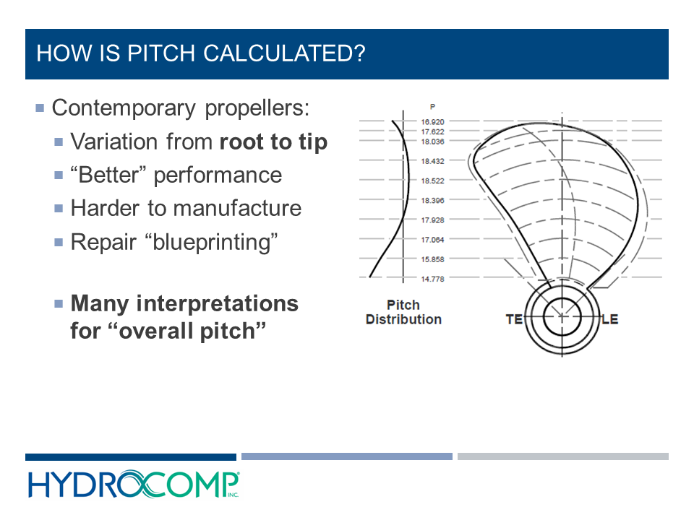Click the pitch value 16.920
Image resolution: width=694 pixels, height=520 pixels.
point(433,122)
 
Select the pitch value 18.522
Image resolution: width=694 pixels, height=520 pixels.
point(433,181)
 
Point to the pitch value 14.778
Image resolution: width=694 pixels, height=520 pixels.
point(433,279)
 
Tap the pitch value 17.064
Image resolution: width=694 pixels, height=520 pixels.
point(433,240)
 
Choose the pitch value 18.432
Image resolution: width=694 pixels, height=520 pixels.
point(433,161)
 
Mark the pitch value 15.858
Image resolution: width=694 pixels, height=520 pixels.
point(433,259)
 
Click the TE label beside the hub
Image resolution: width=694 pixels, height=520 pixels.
point(513,318)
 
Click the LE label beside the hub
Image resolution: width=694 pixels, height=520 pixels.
point(609,318)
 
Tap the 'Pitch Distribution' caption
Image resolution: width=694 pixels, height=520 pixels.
point(403,312)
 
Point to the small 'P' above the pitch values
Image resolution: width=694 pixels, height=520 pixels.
point(432,106)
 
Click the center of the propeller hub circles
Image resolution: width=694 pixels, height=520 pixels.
point(562,318)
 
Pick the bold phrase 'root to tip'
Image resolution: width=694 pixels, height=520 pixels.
point(273,142)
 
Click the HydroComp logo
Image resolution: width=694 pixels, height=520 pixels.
point(134,484)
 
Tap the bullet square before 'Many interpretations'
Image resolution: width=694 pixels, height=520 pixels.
point(59,304)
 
